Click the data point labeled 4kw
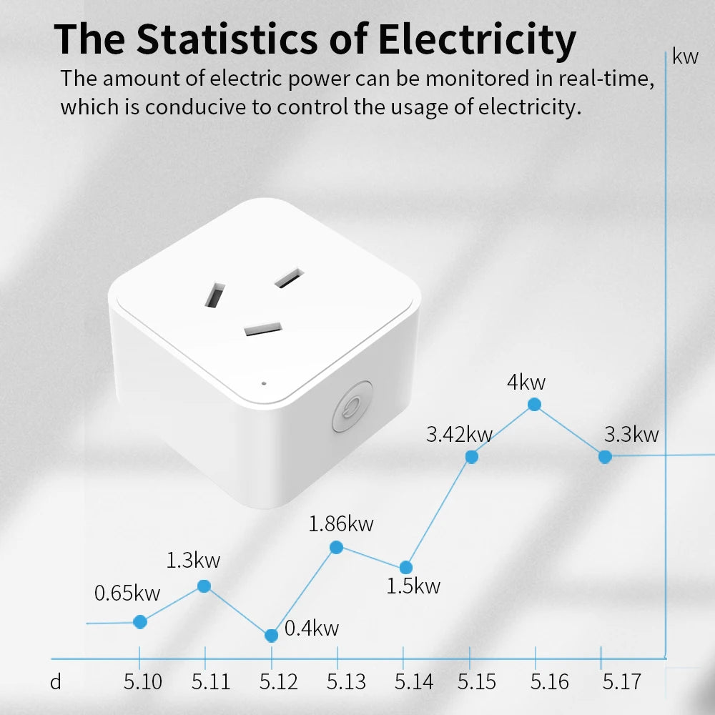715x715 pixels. [x=534, y=405]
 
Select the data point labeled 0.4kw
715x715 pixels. [x=271, y=636]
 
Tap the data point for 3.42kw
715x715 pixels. [x=472, y=457]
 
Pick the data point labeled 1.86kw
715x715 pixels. [x=337, y=548]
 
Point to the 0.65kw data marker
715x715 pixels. [x=140, y=622]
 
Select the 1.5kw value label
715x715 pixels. [x=413, y=587]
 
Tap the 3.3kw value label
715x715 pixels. [x=631, y=434]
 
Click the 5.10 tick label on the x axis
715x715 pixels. [x=143, y=682]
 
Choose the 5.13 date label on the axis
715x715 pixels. [x=347, y=682]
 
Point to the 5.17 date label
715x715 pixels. [x=621, y=682]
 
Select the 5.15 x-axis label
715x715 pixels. [x=477, y=682]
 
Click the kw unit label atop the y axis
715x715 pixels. [x=685, y=57]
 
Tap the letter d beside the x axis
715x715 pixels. [x=56, y=682]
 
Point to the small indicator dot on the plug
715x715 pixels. [x=264, y=383]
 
